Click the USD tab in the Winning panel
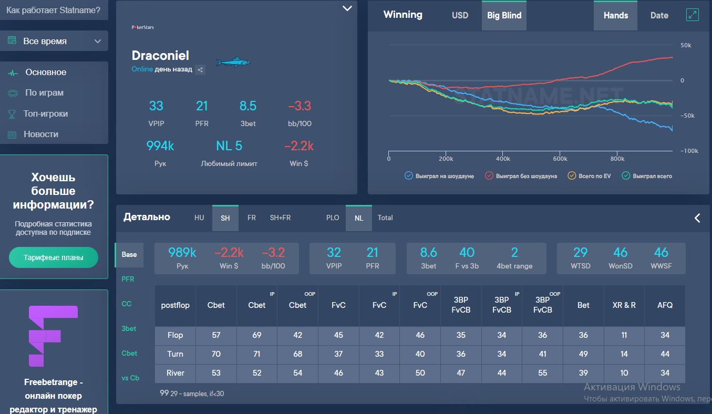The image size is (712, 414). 460,15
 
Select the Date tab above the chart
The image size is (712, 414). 659,15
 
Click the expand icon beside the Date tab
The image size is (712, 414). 693,15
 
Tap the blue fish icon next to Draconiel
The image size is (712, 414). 233,63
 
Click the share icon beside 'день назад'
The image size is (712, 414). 200,69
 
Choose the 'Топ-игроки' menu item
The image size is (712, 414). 46,113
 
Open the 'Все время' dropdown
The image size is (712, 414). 54,41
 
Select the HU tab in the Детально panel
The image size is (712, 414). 199,218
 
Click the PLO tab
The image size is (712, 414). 333,218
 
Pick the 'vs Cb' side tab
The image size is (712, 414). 131,378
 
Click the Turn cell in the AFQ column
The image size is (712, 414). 665,354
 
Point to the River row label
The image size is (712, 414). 175,373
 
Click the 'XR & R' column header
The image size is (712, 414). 624,305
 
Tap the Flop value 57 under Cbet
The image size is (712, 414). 216,335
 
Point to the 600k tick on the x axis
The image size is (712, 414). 560,159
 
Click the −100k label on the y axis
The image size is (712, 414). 689,151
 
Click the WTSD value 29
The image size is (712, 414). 580,252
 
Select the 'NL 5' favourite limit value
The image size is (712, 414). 229,146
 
